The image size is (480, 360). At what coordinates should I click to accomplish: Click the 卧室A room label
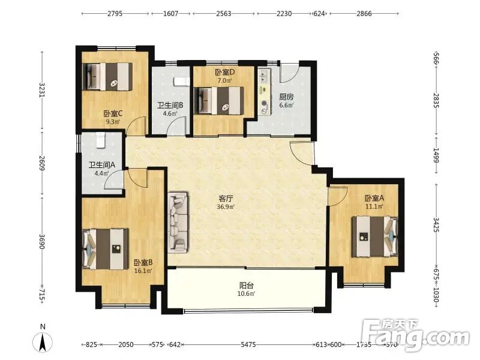374,198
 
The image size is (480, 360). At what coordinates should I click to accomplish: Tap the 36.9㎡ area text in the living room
226,206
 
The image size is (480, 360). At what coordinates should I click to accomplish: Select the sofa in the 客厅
178,223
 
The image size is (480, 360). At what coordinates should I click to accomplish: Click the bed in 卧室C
107,77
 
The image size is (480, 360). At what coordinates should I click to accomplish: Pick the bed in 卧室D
219,101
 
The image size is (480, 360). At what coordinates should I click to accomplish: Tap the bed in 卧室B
106,249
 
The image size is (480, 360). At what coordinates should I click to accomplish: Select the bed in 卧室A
375,236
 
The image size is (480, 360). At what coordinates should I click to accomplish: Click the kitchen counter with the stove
265,92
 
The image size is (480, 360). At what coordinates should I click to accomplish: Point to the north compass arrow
43,341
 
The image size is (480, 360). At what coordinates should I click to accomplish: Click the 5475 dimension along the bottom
248,344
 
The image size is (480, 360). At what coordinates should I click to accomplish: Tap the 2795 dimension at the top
115,13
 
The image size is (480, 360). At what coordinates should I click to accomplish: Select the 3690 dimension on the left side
42,242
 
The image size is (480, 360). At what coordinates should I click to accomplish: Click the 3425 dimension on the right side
436,225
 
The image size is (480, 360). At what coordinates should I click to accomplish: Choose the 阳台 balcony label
247,286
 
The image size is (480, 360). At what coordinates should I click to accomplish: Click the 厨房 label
286,97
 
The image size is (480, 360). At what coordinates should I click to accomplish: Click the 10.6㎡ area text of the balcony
247,294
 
